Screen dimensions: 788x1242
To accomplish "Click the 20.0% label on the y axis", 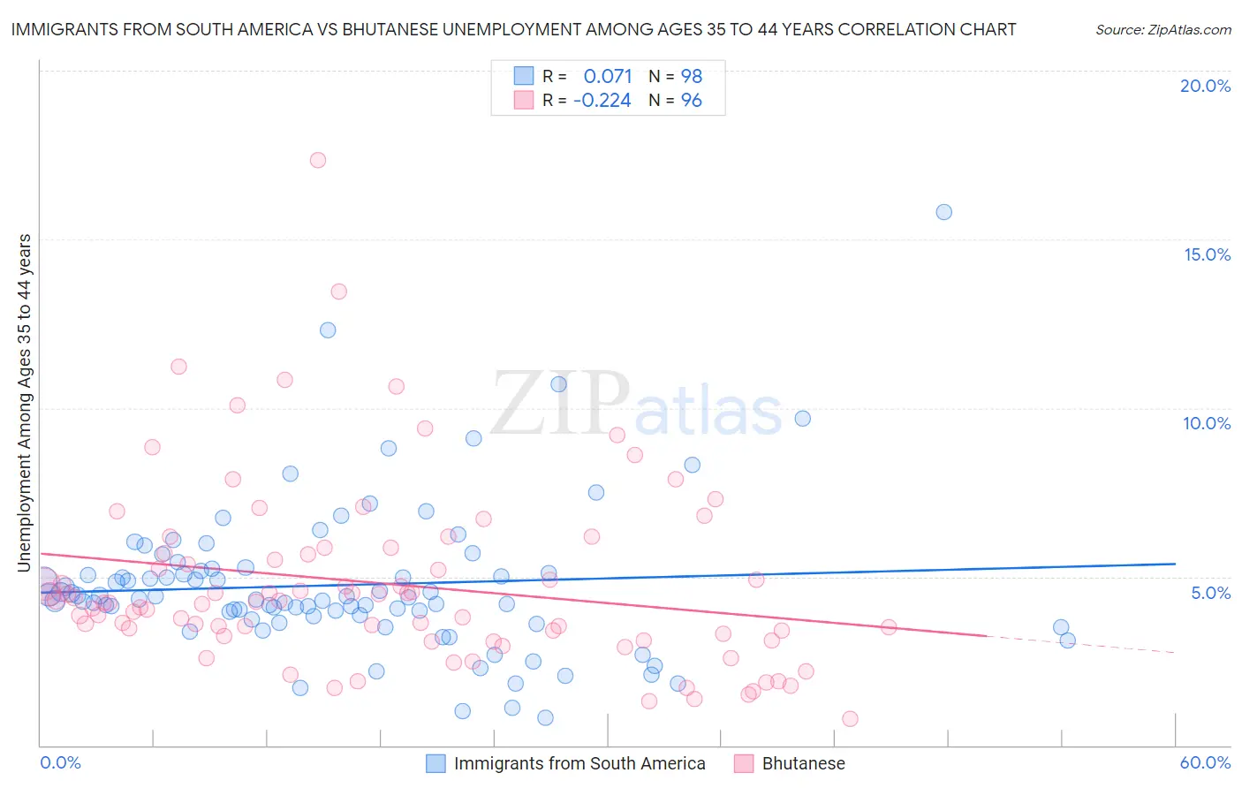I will pos(1205,86).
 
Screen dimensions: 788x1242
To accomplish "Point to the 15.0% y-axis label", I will pos(1207,254).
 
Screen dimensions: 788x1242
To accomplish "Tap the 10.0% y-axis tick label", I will pos(1207,423).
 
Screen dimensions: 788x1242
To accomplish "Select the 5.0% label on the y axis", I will pos(1210,593).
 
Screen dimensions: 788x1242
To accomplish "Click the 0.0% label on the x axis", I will pos(60,762).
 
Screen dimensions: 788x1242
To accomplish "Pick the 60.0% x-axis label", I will pos(1205,762).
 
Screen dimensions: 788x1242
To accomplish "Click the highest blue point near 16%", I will pos(943,212).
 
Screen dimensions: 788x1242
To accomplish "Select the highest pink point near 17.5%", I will pos(318,160).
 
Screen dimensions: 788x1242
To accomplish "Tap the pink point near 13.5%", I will pos(338,292).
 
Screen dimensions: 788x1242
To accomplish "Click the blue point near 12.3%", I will pos(328,330).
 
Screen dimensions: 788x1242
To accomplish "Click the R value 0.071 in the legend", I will pos(608,77).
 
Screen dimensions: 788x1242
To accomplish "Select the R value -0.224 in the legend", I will pos(602,101).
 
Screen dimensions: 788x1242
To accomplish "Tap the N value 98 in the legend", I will pos(692,77).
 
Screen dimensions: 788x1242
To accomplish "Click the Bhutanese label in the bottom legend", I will pos(803,763).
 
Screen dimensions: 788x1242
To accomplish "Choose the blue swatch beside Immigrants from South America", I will pos(435,763).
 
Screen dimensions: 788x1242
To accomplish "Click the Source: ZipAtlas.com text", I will pos(1162,30).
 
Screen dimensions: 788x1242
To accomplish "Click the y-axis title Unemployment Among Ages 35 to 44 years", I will pos(25,402).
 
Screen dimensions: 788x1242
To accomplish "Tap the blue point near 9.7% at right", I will pos(802,419).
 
